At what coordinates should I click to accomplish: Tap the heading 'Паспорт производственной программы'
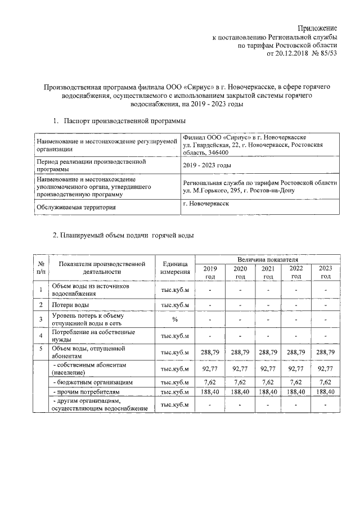125,121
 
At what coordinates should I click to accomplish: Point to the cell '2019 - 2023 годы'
208,165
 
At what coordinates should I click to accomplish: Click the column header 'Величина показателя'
267,260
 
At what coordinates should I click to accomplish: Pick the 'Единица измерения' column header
175,268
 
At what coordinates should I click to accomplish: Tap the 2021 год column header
268,272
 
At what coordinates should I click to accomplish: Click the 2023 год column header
325,272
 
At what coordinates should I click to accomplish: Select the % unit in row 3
175,319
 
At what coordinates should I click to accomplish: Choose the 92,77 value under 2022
296,369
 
